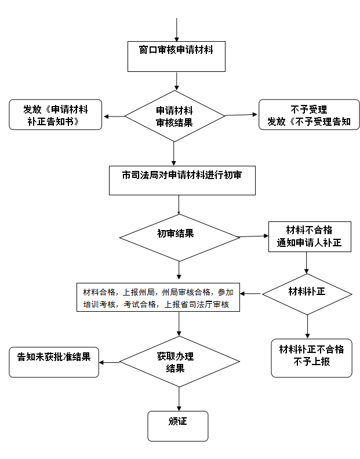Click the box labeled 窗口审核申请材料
pyautogui.click(x=176, y=56)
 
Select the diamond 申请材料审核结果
pyautogui.click(x=174, y=116)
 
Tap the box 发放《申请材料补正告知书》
pyautogui.click(x=55, y=114)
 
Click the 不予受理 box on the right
pyautogui.click(x=309, y=114)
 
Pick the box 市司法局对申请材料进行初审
pyautogui.click(x=182, y=181)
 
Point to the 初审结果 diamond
pyautogui.click(x=179, y=238)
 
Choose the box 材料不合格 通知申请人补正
pyautogui.click(x=310, y=237)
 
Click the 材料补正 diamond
pyautogui.click(x=307, y=294)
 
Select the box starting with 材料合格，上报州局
pyautogui.click(x=158, y=297)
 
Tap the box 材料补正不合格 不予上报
pyautogui.click(x=312, y=358)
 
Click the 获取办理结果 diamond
pyautogui.click(x=179, y=362)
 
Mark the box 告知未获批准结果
pyautogui.click(x=54, y=362)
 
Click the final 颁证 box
pyautogui.click(x=178, y=426)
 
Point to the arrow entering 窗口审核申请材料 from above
pyautogui.click(x=177, y=30)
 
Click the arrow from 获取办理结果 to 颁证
pyautogui.click(x=179, y=399)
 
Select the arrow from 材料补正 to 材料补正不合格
pyautogui.click(x=307, y=327)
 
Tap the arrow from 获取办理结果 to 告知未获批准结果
pyautogui.click(x=109, y=362)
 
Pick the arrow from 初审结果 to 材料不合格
pyautogui.click(x=254, y=236)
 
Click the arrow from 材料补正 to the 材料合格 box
pyautogui.click(x=251, y=294)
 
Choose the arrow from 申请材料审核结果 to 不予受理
pyautogui.click(x=241, y=115)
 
